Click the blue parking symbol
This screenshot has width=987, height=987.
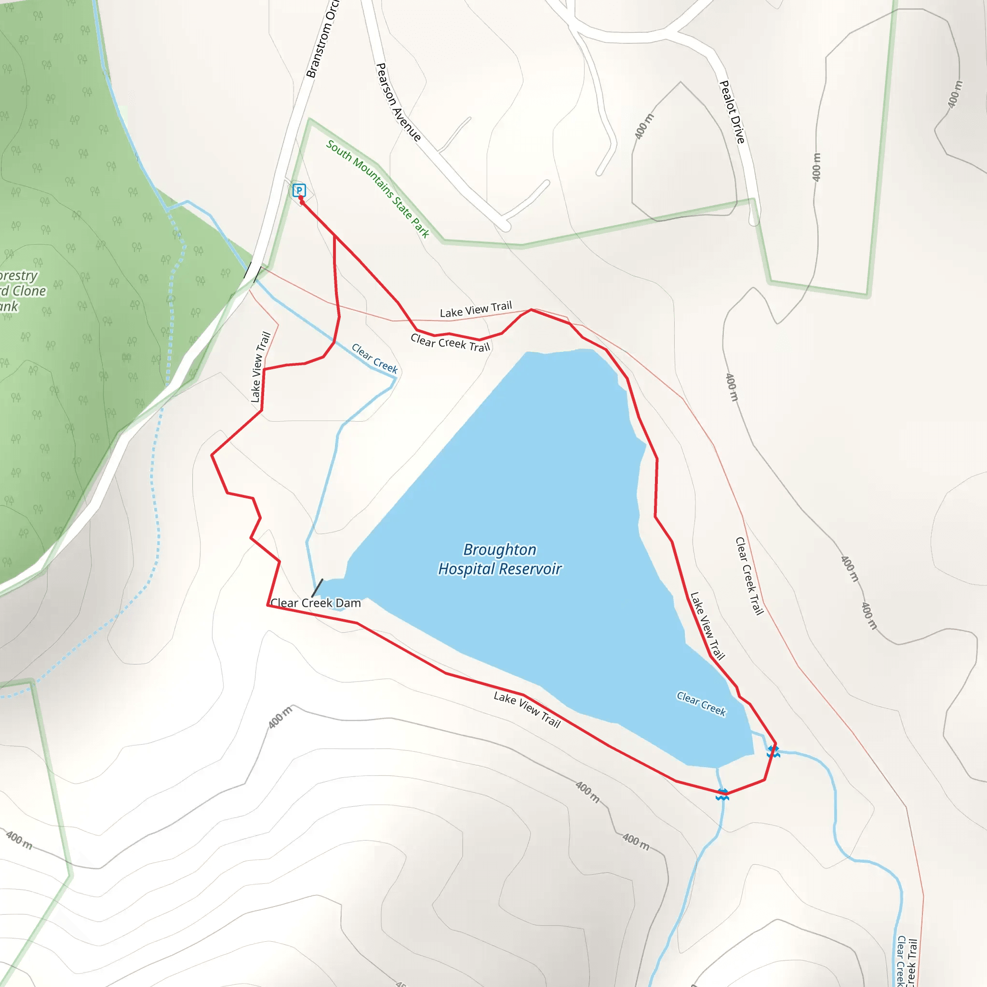pos(299,190)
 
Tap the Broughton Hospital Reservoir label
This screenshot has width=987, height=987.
pos(500,560)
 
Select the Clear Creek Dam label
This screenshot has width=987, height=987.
pos(316,603)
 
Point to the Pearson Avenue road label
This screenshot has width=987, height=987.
pos(399,102)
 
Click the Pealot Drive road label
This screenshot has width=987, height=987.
pos(732,112)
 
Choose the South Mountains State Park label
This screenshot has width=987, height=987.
pos(377,188)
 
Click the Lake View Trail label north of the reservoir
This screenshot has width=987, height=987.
pos(476,309)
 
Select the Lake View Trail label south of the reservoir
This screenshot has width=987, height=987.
pos(527,709)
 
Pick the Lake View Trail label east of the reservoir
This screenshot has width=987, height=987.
pos(707,626)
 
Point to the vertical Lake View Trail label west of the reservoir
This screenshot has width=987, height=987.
pos(261,367)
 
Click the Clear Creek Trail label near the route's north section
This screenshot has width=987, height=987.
pos(450,343)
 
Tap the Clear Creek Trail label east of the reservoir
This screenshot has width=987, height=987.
pos(749,576)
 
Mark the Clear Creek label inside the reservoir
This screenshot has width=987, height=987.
pos(701,704)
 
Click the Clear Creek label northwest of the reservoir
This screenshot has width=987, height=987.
pos(374,359)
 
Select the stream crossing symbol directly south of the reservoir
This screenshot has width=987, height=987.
pos(722,794)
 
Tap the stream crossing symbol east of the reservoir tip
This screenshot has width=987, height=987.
pos(773,751)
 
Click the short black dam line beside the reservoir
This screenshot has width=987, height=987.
pos(317,587)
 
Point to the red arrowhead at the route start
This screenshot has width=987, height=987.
pos(301,199)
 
